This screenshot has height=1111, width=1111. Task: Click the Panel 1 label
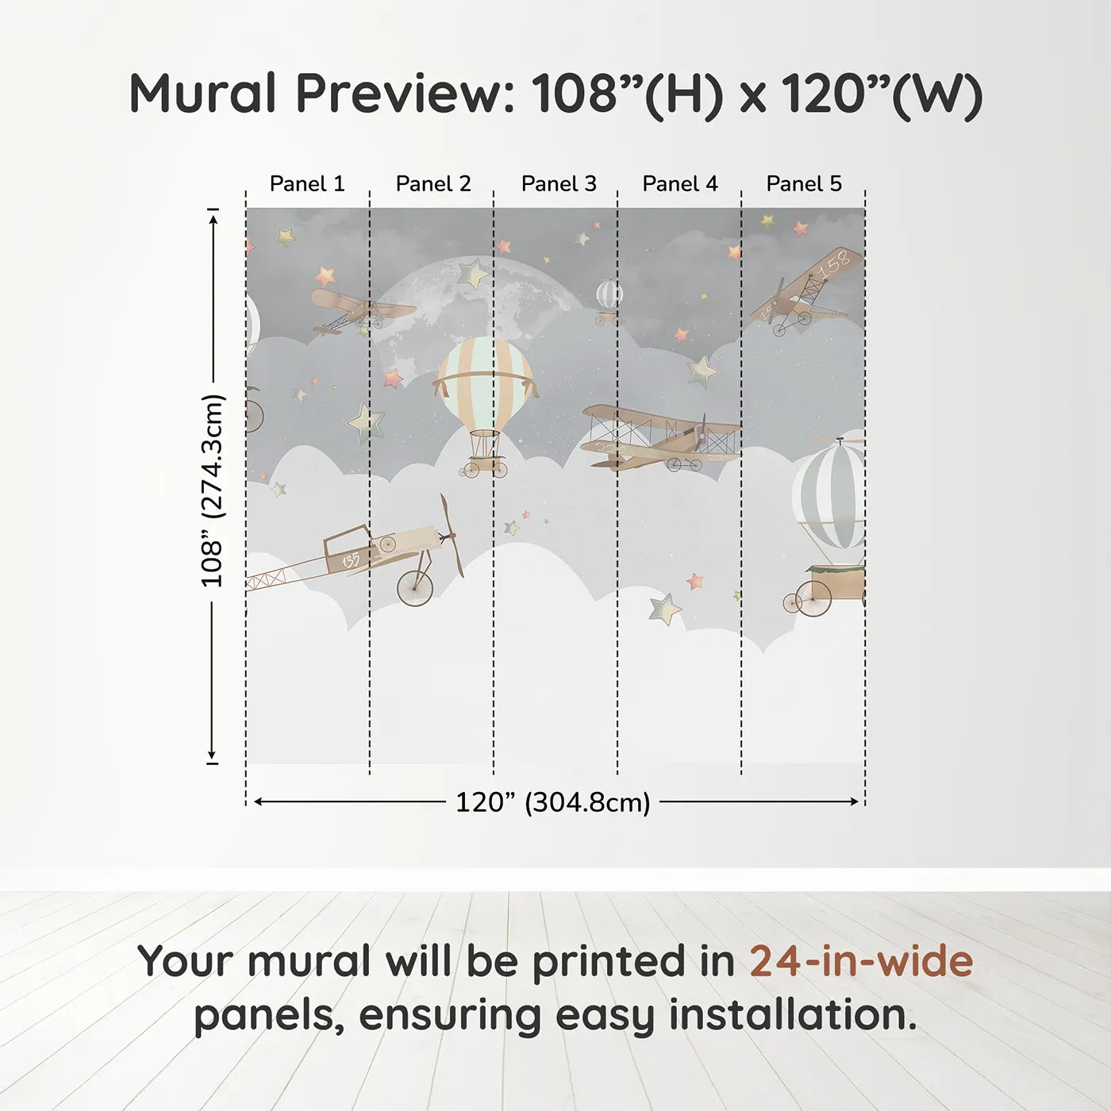[x=307, y=184]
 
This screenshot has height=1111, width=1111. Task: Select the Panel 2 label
[x=433, y=184]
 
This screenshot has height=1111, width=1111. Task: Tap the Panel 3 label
[x=559, y=184]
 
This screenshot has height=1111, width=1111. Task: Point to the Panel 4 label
[x=680, y=184]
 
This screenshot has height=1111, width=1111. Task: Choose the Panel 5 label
[x=804, y=184]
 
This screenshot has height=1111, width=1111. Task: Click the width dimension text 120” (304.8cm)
[x=552, y=802]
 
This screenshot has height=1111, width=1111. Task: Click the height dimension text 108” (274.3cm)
[x=213, y=490]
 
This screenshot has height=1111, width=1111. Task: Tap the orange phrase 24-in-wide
[x=861, y=961]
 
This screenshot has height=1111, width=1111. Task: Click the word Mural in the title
[x=203, y=94]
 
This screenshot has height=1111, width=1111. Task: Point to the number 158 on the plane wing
[x=835, y=265]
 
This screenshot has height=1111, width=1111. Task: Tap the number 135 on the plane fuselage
[x=350, y=560]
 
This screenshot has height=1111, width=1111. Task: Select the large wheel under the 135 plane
[x=415, y=588]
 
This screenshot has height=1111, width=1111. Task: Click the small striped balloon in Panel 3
[x=609, y=294]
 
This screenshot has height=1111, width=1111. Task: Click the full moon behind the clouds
[x=444, y=309]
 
